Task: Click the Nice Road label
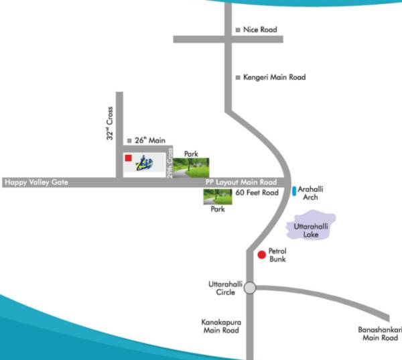[x=261, y=30]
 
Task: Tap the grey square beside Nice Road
[x=238, y=30]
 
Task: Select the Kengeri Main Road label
[x=275, y=78]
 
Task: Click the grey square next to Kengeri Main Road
[x=238, y=78]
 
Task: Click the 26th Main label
[x=150, y=140]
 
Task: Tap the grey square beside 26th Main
[x=129, y=140]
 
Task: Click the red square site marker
[x=128, y=158]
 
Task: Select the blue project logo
[x=146, y=163]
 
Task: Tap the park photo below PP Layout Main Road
[x=217, y=196]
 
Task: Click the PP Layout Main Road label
[x=241, y=182]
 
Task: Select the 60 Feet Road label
[x=257, y=193]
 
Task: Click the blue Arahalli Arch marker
[x=294, y=192]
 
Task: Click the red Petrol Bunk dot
[x=261, y=254]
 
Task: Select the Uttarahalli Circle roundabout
[x=250, y=288]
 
